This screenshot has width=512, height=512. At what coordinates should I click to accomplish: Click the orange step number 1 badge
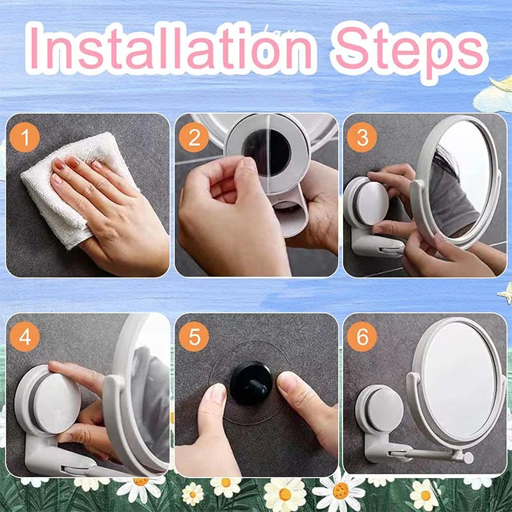click(x=25, y=137)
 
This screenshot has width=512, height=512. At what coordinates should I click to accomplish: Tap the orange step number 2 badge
click(x=194, y=137)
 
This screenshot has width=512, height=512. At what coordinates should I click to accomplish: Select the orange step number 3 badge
click(x=362, y=137)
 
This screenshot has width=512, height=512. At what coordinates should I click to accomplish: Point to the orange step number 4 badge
click(x=25, y=337)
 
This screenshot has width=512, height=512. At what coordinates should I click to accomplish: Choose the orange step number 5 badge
click(x=194, y=337)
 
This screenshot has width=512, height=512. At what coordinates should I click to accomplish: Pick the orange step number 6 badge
click(x=362, y=337)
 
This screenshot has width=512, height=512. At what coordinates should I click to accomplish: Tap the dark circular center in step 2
click(x=266, y=152)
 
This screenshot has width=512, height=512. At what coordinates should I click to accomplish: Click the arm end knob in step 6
click(x=468, y=458)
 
